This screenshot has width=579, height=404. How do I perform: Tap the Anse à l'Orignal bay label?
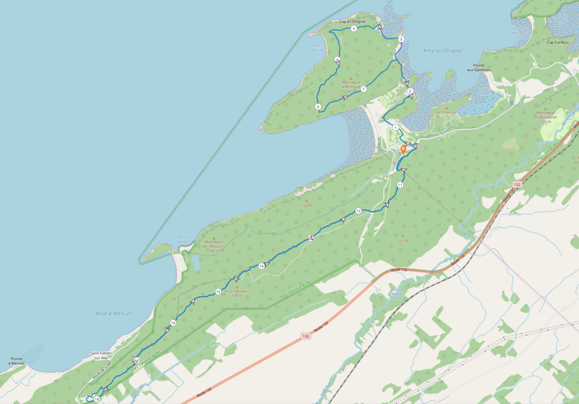pyautogui.click(x=443, y=50)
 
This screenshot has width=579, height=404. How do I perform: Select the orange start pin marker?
pyautogui.click(x=403, y=149)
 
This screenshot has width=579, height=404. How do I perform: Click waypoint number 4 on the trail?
pyautogui.click(x=354, y=29)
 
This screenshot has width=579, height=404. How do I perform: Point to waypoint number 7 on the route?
pyautogui.click(x=363, y=89)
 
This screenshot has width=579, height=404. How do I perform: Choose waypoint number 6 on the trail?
pyautogui.click(x=318, y=107)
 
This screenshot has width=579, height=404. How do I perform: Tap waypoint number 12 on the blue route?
pyautogui.click(x=358, y=211)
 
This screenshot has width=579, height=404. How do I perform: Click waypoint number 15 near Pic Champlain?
pyautogui.click(x=218, y=291)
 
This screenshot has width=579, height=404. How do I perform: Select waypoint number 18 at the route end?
pyautogui.click(x=96, y=398)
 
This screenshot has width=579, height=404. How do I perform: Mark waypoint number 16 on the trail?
pyautogui.click(x=173, y=322)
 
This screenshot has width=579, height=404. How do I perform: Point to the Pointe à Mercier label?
pyautogui.click(x=15, y=361)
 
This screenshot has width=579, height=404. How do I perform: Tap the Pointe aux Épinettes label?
pyautogui.click(x=479, y=67)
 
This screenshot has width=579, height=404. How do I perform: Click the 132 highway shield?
pyautogui.click(x=517, y=185)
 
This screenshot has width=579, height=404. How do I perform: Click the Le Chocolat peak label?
pyautogui.click(x=447, y=113)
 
